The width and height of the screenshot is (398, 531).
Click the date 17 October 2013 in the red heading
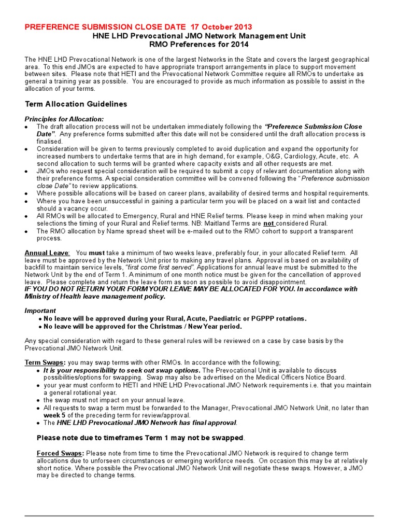(221, 26)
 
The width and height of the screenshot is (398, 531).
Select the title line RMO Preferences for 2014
(198, 44)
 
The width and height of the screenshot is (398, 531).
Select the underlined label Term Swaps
(45, 362)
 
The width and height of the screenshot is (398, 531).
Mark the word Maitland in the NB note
(221, 223)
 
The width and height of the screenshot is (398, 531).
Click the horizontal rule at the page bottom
(199, 515)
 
